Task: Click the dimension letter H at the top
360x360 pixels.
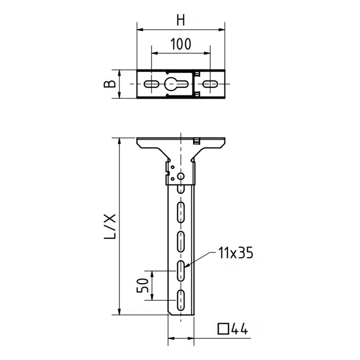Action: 181,20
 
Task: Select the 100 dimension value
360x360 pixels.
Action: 181,45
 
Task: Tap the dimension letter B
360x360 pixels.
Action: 109,84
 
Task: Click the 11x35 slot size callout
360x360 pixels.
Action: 235,252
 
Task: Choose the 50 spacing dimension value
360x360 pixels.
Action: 142,285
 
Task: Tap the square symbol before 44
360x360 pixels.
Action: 225,329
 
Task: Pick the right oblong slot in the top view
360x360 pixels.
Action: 210,84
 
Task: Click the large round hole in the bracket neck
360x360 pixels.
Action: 181,175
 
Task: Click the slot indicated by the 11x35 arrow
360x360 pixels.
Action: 181,271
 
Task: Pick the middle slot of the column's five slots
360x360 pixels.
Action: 181,241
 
